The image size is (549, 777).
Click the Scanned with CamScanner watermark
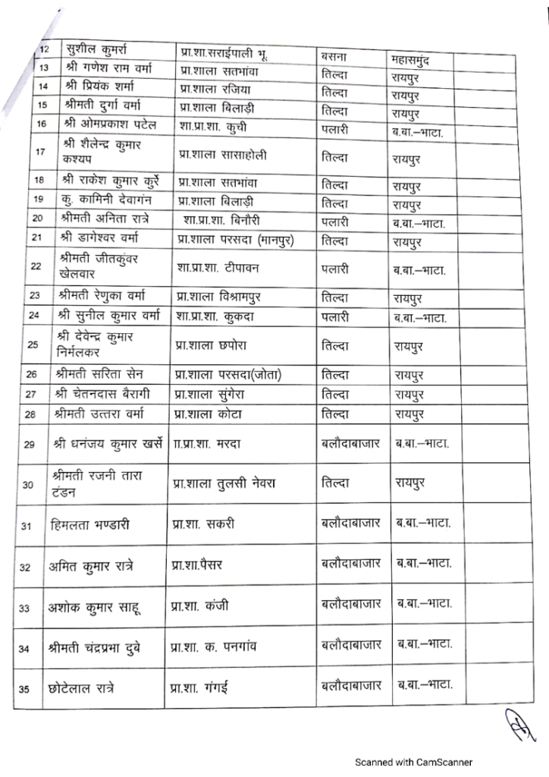[x=415, y=762]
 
